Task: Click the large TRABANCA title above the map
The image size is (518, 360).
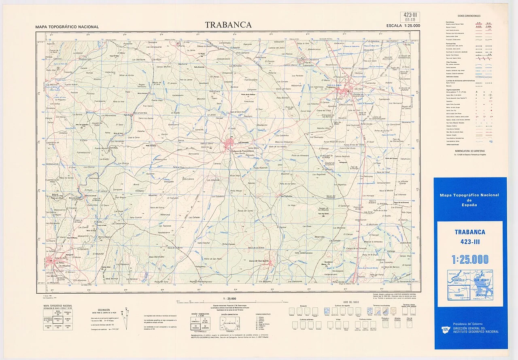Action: click(228, 25)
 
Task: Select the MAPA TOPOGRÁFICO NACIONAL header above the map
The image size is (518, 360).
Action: click(67, 27)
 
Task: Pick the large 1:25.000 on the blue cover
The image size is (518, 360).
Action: click(470, 259)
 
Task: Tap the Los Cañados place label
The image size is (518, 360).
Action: click(286, 197)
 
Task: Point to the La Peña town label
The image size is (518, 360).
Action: click(59, 263)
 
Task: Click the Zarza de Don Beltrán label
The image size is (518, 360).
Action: click(259, 261)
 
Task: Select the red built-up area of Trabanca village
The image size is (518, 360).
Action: click(345, 93)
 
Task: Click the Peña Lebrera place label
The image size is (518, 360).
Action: click(189, 179)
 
